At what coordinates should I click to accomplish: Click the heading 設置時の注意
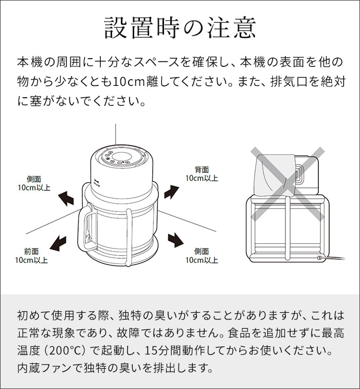180,28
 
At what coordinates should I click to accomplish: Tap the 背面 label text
202,170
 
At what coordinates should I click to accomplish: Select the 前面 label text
31,251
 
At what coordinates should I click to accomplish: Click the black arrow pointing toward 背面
171,192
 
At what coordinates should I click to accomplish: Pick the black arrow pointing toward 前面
58,243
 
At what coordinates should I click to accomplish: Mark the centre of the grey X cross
287,184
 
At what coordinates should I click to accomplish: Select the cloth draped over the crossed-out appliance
274,175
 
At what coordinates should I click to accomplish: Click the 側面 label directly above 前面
34,179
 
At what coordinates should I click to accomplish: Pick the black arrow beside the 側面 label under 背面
175,240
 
